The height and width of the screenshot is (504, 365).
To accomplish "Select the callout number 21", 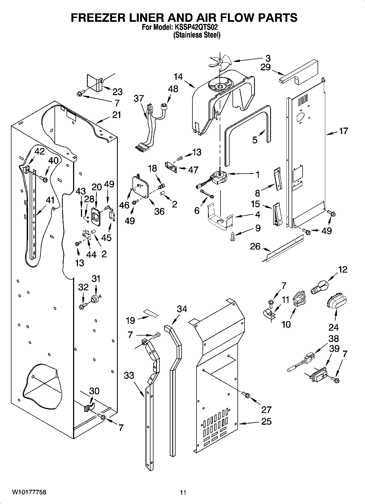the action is click(x=116, y=115).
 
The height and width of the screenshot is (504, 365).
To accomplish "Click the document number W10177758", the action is click(x=29, y=492).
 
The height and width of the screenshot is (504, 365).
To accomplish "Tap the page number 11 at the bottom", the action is click(x=183, y=492).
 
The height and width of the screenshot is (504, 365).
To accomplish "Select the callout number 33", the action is click(x=129, y=375).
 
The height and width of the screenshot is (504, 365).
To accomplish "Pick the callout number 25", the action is click(x=266, y=421).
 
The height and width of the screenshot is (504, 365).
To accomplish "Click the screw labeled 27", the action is click(x=246, y=394).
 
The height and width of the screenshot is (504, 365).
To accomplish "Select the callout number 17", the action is click(x=343, y=131).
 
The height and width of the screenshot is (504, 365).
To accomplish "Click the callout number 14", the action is click(x=178, y=77).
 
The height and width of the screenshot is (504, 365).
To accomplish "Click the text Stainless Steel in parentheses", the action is click(x=197, y=35).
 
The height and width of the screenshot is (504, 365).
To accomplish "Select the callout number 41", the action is click(x=50, y=200).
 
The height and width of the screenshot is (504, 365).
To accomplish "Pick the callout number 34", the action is click(x=182, y=309).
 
